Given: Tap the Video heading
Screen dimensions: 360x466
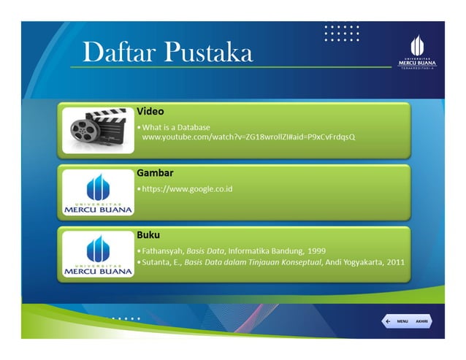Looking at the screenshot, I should click(150, 112).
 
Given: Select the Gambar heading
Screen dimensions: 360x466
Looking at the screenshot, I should click(155, 173).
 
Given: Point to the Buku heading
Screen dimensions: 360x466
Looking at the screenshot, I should click(148, 235).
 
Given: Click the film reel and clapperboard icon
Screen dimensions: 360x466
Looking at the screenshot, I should click(98, 129).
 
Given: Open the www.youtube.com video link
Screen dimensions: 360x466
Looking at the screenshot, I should click(248, 137).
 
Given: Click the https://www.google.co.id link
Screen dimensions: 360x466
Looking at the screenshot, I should click(186, 188).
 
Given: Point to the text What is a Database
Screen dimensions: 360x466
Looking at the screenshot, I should click(176, 127).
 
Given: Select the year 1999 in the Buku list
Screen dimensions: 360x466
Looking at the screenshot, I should click(316, 250).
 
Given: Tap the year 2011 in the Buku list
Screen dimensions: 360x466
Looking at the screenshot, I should click(394, 261).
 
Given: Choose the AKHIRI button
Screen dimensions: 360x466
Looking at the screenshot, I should click(422, 321).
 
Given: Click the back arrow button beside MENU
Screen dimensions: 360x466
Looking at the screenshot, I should click(387, 321).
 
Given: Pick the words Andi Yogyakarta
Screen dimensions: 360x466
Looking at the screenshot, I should click(354, 261).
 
